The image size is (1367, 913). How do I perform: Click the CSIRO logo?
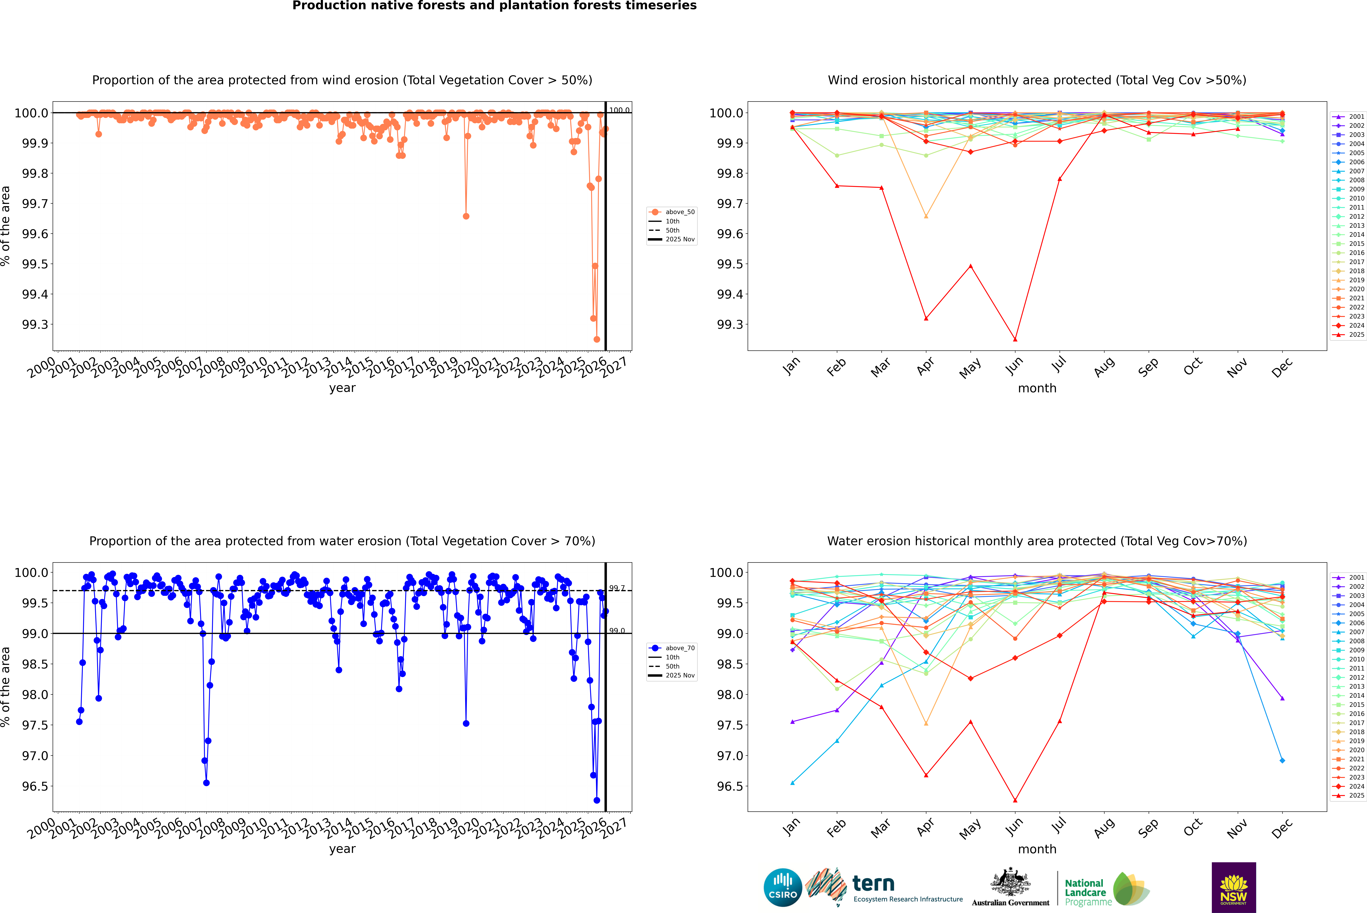click(x=783, y=887)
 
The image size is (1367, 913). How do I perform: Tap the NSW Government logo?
click(x=1234, y=887)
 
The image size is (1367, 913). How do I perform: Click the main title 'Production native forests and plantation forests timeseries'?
click(x=494, y=6)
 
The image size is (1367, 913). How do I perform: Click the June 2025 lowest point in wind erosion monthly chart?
click(x=1015, y=339)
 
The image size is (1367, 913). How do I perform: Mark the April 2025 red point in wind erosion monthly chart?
click(x=926, y=318)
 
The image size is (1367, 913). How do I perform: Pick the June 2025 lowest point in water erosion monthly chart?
click(x=1015, y=800)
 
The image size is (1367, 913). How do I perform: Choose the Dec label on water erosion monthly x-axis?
click(x=1282, y=828)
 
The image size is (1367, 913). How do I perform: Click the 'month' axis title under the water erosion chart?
click(x=1037, y=849)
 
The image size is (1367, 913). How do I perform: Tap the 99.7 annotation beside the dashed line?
click(x=617, y=588)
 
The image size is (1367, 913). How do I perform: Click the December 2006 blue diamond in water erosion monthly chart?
click(x=1282, y=760)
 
